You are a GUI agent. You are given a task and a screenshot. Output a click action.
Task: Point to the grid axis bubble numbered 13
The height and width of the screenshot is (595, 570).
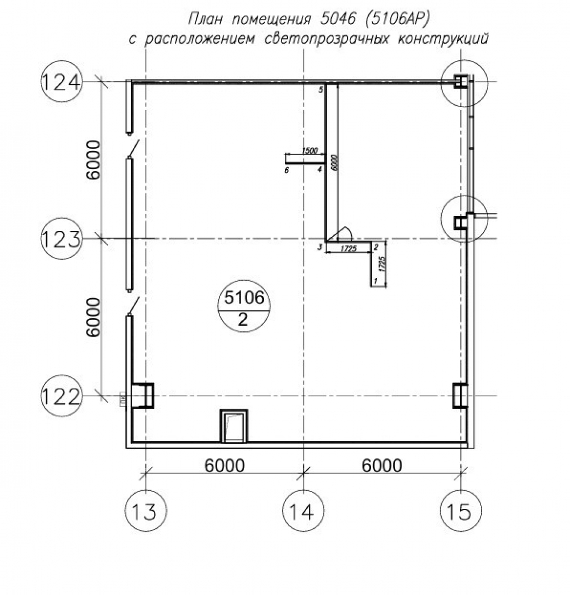click(x=146, y=511)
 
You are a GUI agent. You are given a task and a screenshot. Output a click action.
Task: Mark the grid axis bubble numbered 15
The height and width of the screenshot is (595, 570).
click(x=461, y=511)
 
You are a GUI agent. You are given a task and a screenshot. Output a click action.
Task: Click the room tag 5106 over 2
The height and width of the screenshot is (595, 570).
click(x=243, y=308)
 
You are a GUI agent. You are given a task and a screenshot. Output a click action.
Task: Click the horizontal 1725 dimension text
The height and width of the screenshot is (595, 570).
click(x=348, y=248)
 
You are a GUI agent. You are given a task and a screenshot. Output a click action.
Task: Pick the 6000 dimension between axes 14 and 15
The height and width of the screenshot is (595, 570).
click(x=382, y=465)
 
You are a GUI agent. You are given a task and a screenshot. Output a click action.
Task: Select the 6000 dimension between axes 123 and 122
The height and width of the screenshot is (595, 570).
click(x=93, y=317)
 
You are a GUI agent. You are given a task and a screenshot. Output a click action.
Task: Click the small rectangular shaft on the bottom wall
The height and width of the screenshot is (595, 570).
click(x=234, y=426)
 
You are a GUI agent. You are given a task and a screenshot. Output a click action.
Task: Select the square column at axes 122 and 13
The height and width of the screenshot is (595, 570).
click(x=142, y=395)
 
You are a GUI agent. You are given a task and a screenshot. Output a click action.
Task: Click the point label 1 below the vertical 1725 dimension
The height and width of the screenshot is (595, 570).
click(x=375, y=281)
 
